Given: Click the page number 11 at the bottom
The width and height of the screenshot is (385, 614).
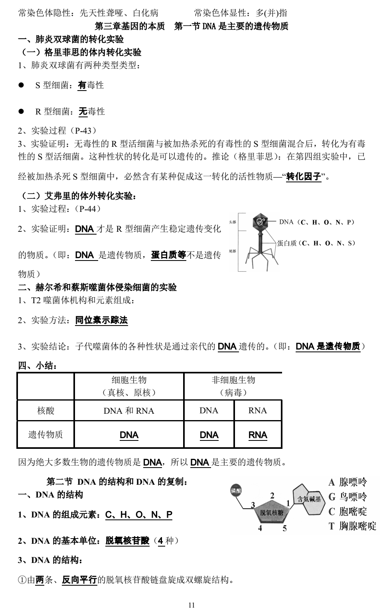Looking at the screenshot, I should (192, 605).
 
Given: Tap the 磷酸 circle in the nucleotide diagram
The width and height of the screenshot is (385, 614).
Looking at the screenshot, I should (236, 491).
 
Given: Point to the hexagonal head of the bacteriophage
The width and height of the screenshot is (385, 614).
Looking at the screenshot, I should (261, 222).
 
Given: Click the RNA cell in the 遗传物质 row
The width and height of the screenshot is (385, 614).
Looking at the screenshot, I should (258, 435).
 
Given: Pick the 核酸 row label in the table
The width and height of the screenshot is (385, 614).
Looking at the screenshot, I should (45, 411).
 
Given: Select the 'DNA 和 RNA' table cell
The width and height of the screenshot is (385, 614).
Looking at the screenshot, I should (128, 411).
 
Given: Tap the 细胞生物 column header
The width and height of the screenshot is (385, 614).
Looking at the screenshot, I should (128, 380).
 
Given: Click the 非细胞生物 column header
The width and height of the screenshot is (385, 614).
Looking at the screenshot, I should (233, 380).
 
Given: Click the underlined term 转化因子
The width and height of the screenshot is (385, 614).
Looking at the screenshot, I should (304, 176).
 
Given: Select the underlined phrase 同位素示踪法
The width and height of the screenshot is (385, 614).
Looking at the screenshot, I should (101, 320).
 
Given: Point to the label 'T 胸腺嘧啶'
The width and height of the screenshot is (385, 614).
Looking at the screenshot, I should (352, 526).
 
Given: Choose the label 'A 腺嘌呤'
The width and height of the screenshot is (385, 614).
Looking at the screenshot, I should (347, 482).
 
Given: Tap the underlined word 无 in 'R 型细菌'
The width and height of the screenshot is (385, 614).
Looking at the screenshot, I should (83, 112).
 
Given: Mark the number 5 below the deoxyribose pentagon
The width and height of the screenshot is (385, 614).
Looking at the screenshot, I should (284, 529).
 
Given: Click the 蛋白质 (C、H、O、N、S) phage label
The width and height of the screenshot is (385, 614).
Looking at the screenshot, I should (316, 243).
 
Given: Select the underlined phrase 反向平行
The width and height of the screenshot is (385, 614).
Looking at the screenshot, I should (79, 580).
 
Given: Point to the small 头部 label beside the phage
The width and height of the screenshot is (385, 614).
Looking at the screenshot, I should (232, 222).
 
